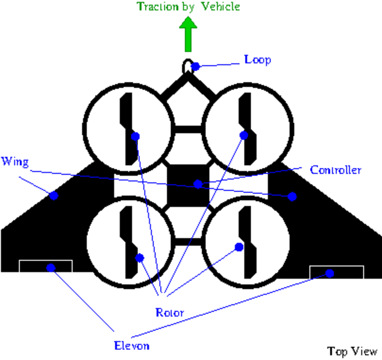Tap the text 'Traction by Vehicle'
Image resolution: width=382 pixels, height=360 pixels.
coord(188,7)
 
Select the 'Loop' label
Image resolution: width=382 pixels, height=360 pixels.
coord(258,60)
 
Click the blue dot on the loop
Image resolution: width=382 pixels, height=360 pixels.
coord(195,66)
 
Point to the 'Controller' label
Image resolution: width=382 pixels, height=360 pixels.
coord(336,170)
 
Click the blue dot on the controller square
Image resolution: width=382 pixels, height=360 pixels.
coord(198,184)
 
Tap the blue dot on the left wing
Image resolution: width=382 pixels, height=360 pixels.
coord(54,196)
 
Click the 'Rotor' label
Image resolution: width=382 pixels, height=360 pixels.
coord(170,313)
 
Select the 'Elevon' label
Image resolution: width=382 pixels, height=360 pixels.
coord(132,345)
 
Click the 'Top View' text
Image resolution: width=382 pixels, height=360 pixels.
coord(352,351)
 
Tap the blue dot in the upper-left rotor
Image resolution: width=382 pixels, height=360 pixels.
coord(135,136)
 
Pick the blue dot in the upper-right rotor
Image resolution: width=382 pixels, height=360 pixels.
coord(244,136)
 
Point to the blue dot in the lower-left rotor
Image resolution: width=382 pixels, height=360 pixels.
coord(139,258)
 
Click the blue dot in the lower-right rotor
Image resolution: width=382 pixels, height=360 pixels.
coord(238,247)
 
